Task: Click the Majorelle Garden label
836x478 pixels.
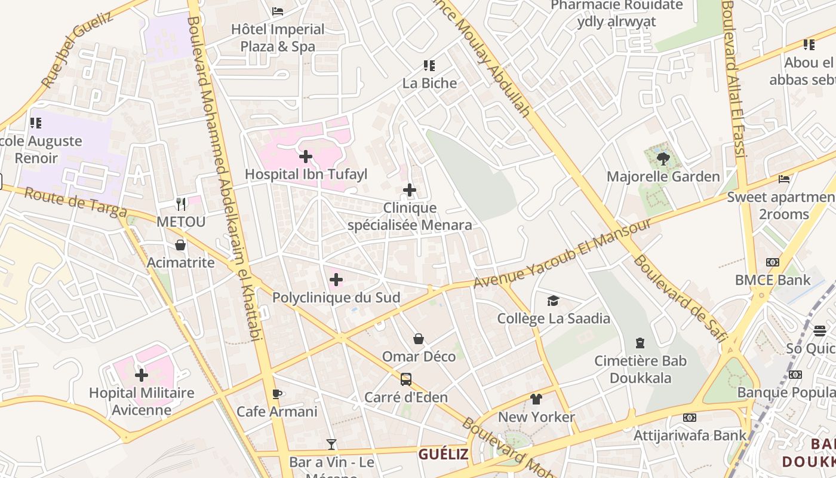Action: point(663,177)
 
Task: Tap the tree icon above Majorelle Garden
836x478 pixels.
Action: point(663,158)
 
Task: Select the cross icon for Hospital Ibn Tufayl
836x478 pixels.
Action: point(306,157)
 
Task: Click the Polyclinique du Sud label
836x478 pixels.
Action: point(336,298)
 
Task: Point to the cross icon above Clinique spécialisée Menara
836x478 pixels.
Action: point(410,191)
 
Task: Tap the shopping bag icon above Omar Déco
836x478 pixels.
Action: point(419,339)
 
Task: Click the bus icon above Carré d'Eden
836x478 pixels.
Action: point(406,379)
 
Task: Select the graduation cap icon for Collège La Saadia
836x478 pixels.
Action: point(554,301)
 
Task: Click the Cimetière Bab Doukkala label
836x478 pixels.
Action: point(641,369)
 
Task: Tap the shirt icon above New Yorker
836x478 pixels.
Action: point(536,399)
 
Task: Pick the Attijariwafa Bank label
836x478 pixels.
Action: point(690,435)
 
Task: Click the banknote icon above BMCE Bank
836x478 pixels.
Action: point(773,262)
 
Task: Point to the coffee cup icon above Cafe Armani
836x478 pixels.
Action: point(276,394)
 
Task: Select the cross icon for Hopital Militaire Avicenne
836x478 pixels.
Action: point(142,375)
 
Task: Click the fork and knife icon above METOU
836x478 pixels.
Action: point(181,204)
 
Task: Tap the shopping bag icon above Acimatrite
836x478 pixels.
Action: point(180,245)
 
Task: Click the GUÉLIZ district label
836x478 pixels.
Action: point(443,454)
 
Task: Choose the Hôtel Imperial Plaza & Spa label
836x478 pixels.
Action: point(278,38)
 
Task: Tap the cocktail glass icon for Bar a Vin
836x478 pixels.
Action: point(331,444)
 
